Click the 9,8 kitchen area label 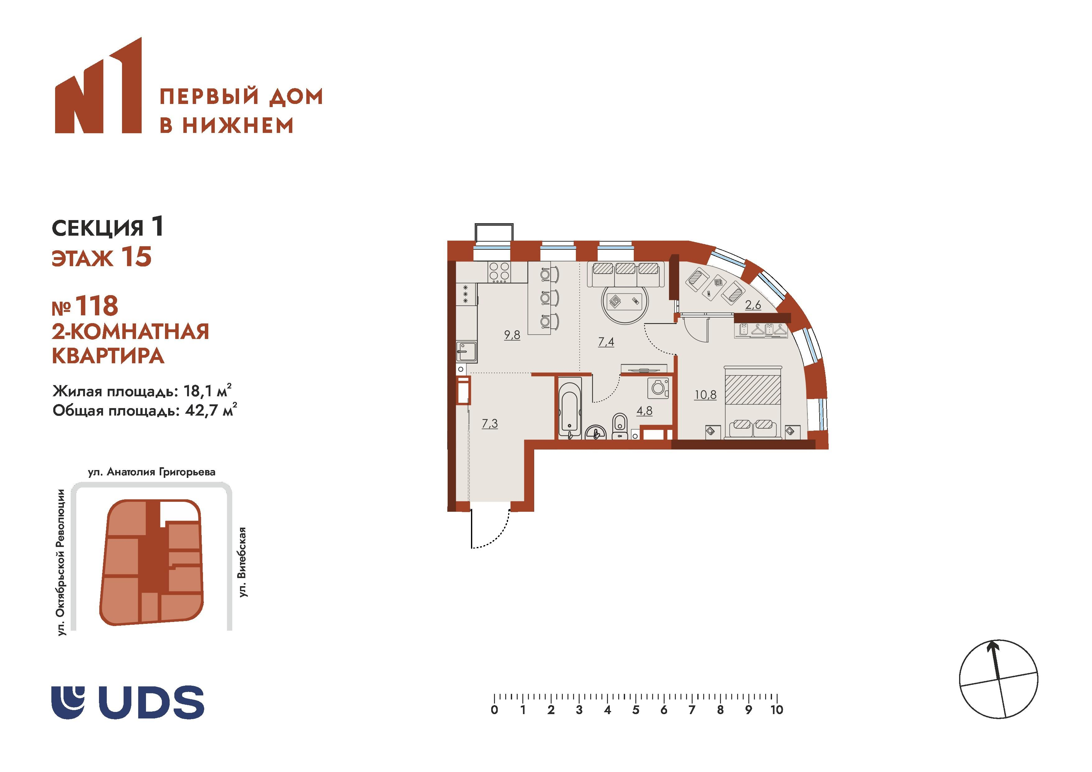tap(512, 335)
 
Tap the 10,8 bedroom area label tap(705, 395)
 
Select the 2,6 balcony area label tap(753, 305)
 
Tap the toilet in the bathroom tap(619, 425)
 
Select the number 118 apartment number tap(96, 306)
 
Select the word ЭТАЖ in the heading tap(82, 258)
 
